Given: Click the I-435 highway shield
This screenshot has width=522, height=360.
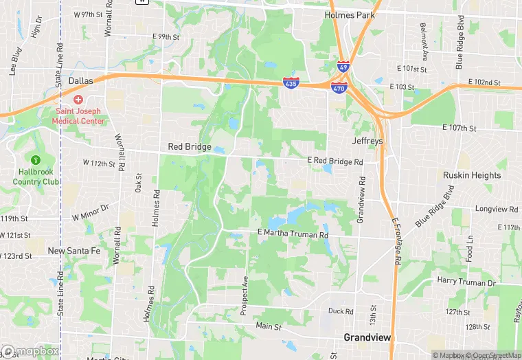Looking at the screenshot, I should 291,82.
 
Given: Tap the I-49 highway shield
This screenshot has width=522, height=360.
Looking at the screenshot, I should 343,67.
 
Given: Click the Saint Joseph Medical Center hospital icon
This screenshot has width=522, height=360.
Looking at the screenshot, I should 78,100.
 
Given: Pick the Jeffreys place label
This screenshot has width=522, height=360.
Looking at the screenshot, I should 367,141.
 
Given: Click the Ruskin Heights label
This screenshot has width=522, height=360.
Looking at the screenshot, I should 472,175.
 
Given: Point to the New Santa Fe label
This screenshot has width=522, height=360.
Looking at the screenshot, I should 74,251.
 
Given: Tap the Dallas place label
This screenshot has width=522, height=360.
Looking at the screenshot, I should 80,80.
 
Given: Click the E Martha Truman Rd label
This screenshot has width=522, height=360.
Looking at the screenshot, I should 293,235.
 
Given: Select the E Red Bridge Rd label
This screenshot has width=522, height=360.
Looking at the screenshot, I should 334,161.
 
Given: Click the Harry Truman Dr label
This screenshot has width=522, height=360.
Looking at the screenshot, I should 466,282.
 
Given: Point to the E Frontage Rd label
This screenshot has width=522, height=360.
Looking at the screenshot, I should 395,242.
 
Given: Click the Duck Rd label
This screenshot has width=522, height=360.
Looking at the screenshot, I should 341,311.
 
